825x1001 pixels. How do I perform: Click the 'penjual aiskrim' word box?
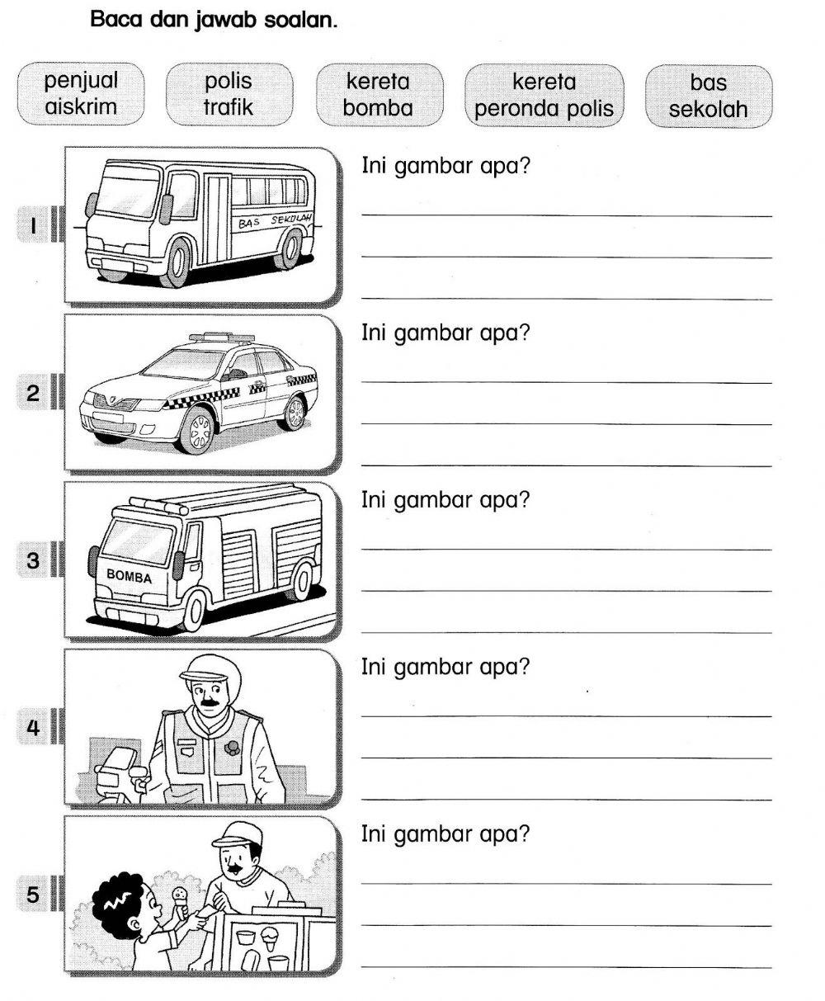point(81,94)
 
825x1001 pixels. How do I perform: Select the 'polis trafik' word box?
point(229,94)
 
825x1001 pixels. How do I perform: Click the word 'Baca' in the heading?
point(117,19)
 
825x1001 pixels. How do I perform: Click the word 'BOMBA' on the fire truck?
point(130,576)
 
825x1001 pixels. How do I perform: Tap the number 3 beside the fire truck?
point(33,561)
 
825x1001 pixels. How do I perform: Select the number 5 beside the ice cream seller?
point(33,894)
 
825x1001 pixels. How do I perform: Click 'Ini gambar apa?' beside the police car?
point(445,333)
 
